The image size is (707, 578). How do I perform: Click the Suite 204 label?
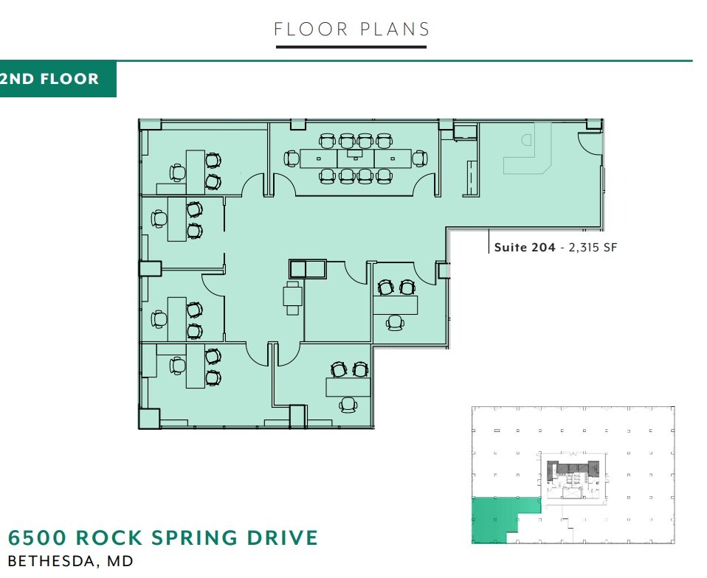click(x=525, y=248)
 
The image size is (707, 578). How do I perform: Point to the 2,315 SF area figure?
click(x=590, y=248)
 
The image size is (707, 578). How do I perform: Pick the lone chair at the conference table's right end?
click(x=420, y=158)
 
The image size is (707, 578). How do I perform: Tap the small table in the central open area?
click(x=293, y=297)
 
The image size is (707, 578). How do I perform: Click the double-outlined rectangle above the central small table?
click(x=308, y=269)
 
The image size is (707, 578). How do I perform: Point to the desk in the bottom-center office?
click(x=348, y=386)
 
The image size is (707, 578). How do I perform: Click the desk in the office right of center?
click(x=396, y=304)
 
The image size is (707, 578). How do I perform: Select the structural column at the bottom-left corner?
click(x=148, y=418)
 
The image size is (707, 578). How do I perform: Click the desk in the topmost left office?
click(x=196, y=171)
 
